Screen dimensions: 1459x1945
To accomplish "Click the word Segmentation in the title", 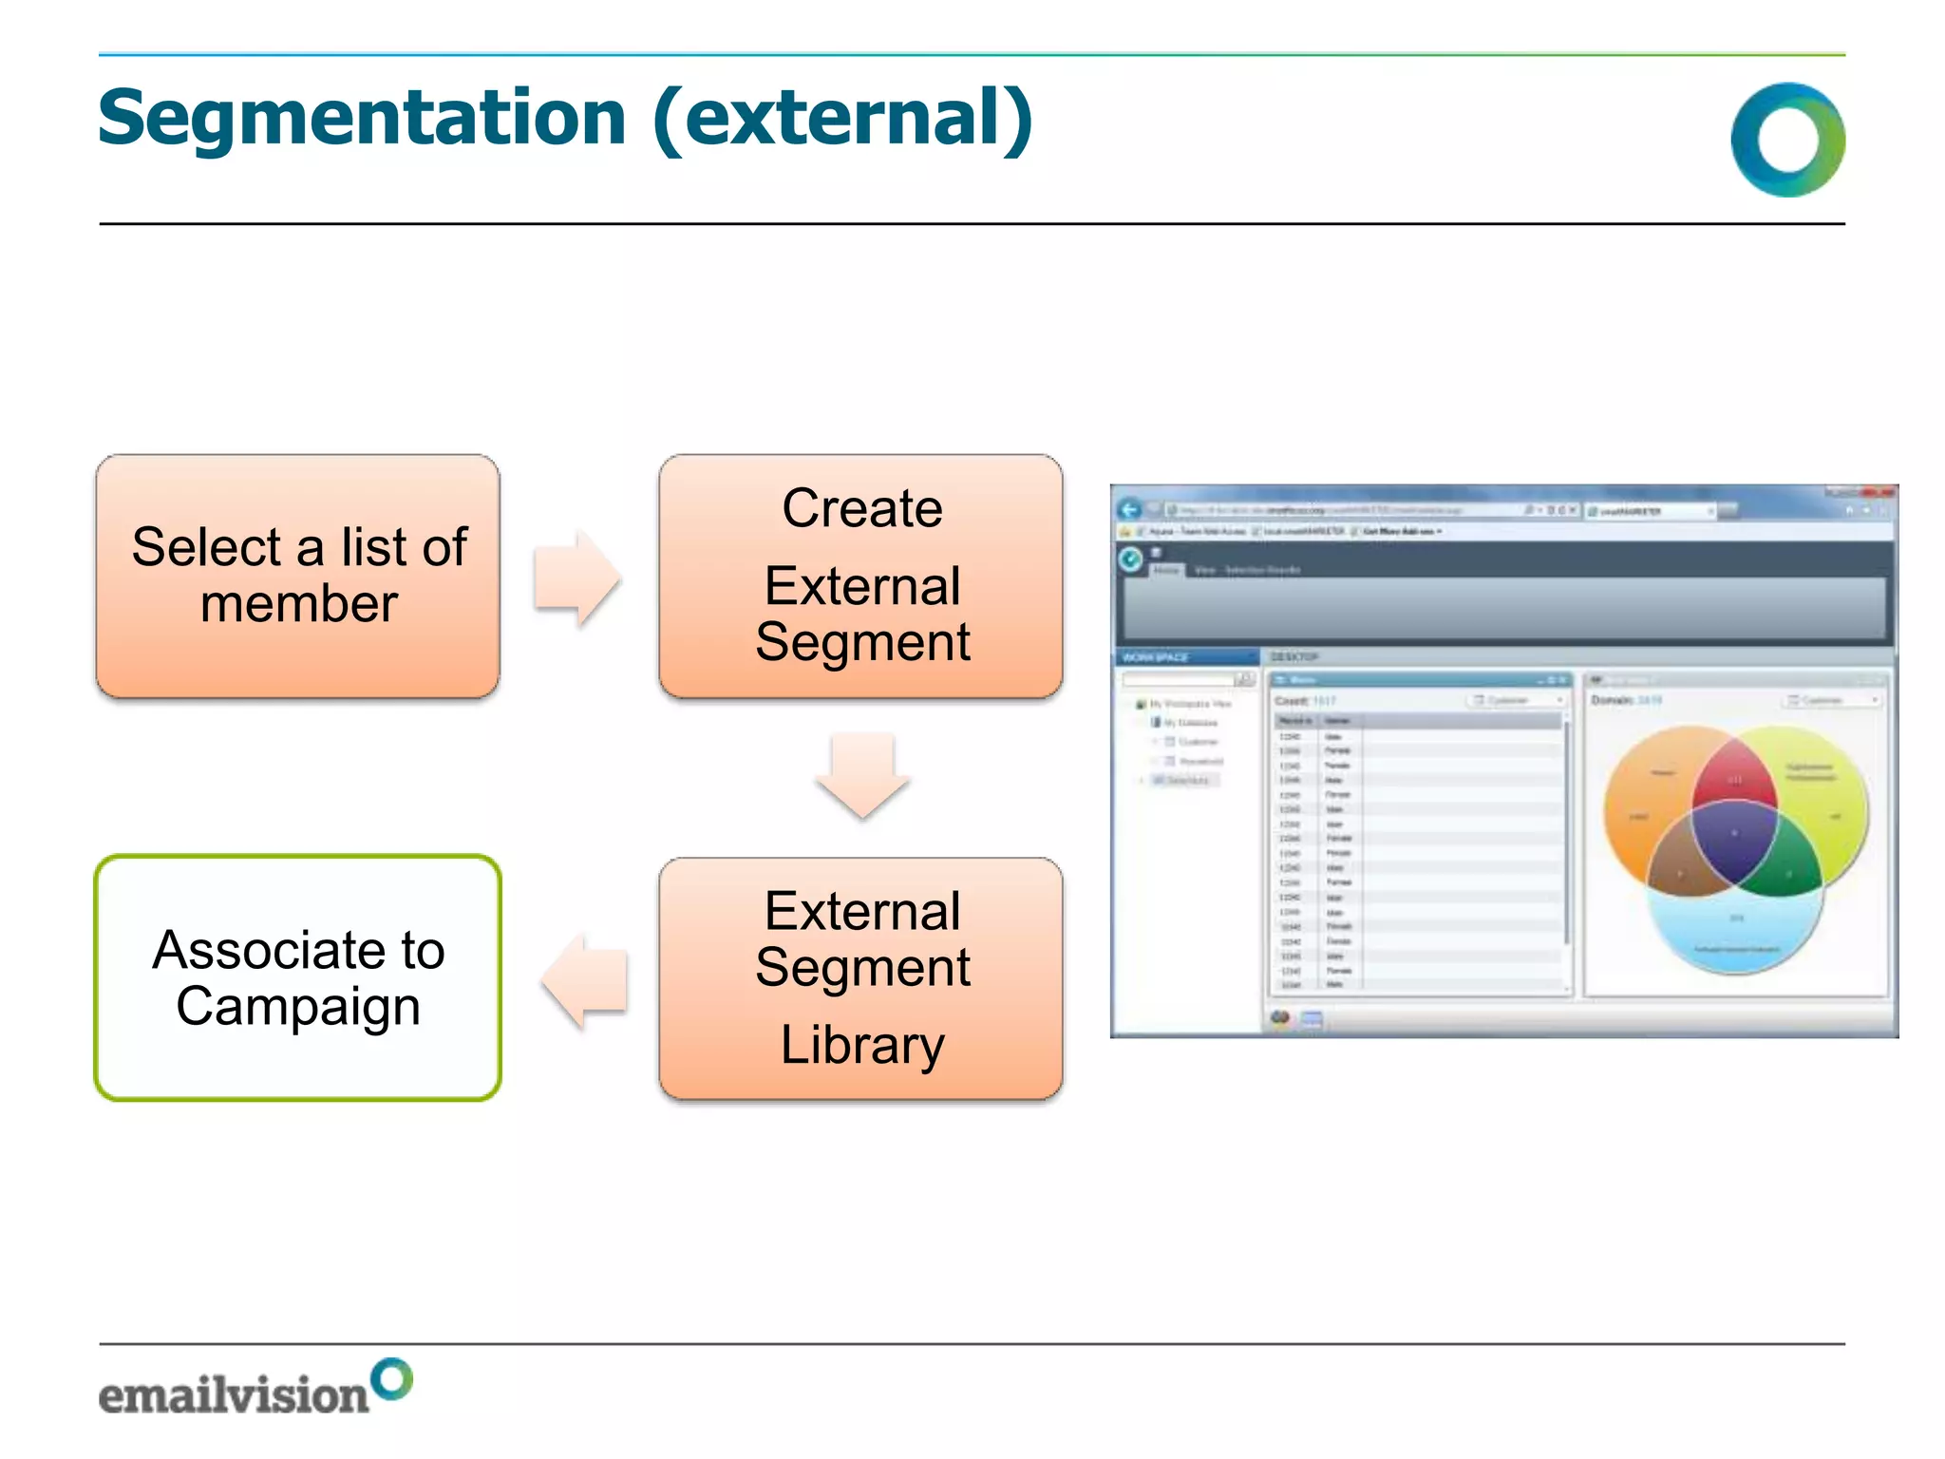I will [361, 119].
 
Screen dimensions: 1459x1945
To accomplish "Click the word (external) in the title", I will [843, 119].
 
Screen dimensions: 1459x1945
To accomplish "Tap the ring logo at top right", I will [1787, 140].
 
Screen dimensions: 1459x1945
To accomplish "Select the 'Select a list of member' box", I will [297, 576].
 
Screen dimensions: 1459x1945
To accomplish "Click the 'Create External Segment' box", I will [860, 576].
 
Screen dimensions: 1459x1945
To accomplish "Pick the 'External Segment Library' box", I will [860, 978].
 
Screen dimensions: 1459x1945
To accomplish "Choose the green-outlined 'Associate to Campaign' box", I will [297, 978].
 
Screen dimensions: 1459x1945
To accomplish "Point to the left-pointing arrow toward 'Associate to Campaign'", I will [584, 980].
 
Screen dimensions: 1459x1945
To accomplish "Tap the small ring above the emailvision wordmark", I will [391, 1379].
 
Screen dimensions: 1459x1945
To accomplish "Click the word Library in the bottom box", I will [861, 1045].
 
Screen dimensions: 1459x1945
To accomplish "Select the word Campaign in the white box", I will [297, 1007].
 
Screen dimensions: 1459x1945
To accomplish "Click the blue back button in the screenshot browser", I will [1129, 510].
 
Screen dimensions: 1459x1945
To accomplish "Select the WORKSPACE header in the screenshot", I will [1157, 657].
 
